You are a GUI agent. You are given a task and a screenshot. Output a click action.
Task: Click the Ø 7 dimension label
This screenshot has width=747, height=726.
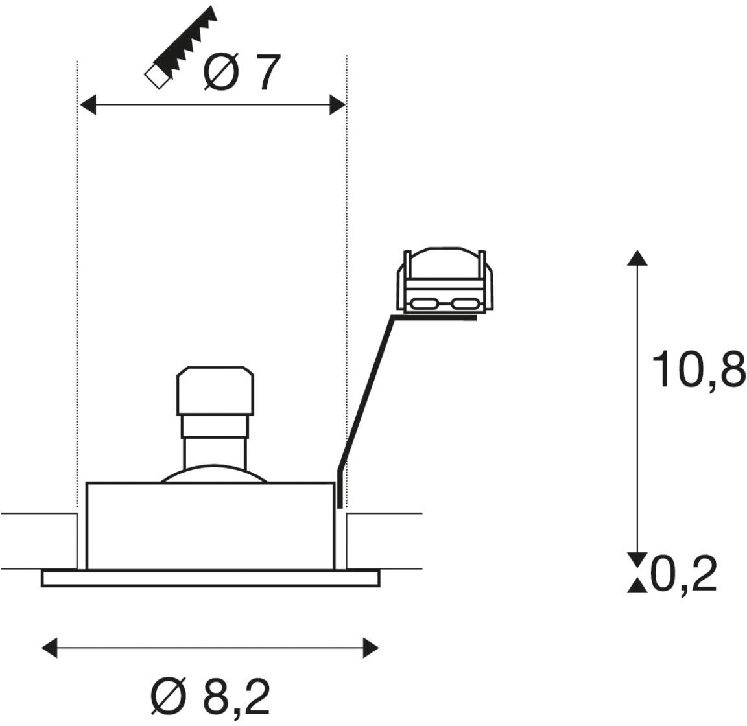(x=241, y=73)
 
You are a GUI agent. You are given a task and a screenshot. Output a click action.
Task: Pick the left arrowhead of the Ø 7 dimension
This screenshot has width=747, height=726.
(x=88, y=105)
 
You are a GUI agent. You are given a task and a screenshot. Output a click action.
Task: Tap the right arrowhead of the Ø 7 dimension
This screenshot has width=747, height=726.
(x=337, y=105)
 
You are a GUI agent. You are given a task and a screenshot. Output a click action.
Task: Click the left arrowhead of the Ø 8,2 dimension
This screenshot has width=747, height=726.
(x=49, y=648)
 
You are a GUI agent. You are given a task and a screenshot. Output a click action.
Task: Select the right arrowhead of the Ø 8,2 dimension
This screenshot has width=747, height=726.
(x=371, y=648)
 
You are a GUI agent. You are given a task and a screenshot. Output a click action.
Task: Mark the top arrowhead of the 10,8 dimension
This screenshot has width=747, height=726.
(x=637, y=258)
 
